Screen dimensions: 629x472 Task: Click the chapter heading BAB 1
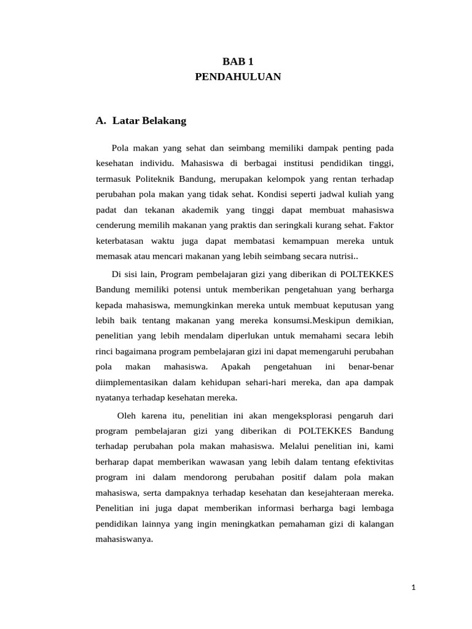tap(237, 61)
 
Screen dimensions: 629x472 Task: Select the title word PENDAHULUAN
tap(237, 77)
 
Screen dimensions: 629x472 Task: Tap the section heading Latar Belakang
tap(149, 121)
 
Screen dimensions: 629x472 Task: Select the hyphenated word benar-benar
tap(371, 367)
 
